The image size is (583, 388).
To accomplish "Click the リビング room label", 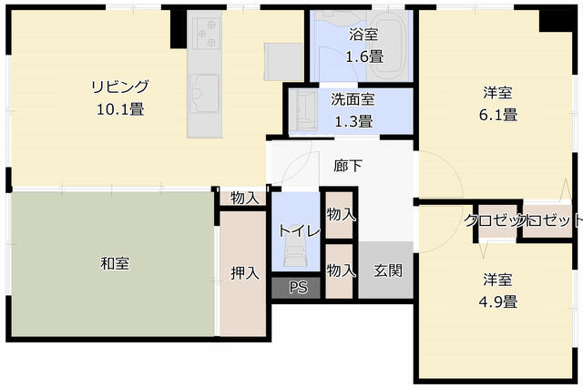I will pos(118,87).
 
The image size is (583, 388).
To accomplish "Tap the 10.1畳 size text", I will pos(118,108).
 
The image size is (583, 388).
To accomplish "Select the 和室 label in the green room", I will pos(114,263).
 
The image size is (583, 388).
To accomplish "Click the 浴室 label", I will pos(363,36).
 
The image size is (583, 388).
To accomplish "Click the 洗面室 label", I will pos(352,100).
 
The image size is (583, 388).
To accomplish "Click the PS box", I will pos(297,287).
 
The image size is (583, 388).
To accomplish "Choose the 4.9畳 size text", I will pos(500,301).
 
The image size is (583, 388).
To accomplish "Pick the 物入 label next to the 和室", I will pos(244,198).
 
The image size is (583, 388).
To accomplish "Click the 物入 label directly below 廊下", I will pos(341,216).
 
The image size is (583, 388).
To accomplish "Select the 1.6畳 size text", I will pos(363,56).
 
